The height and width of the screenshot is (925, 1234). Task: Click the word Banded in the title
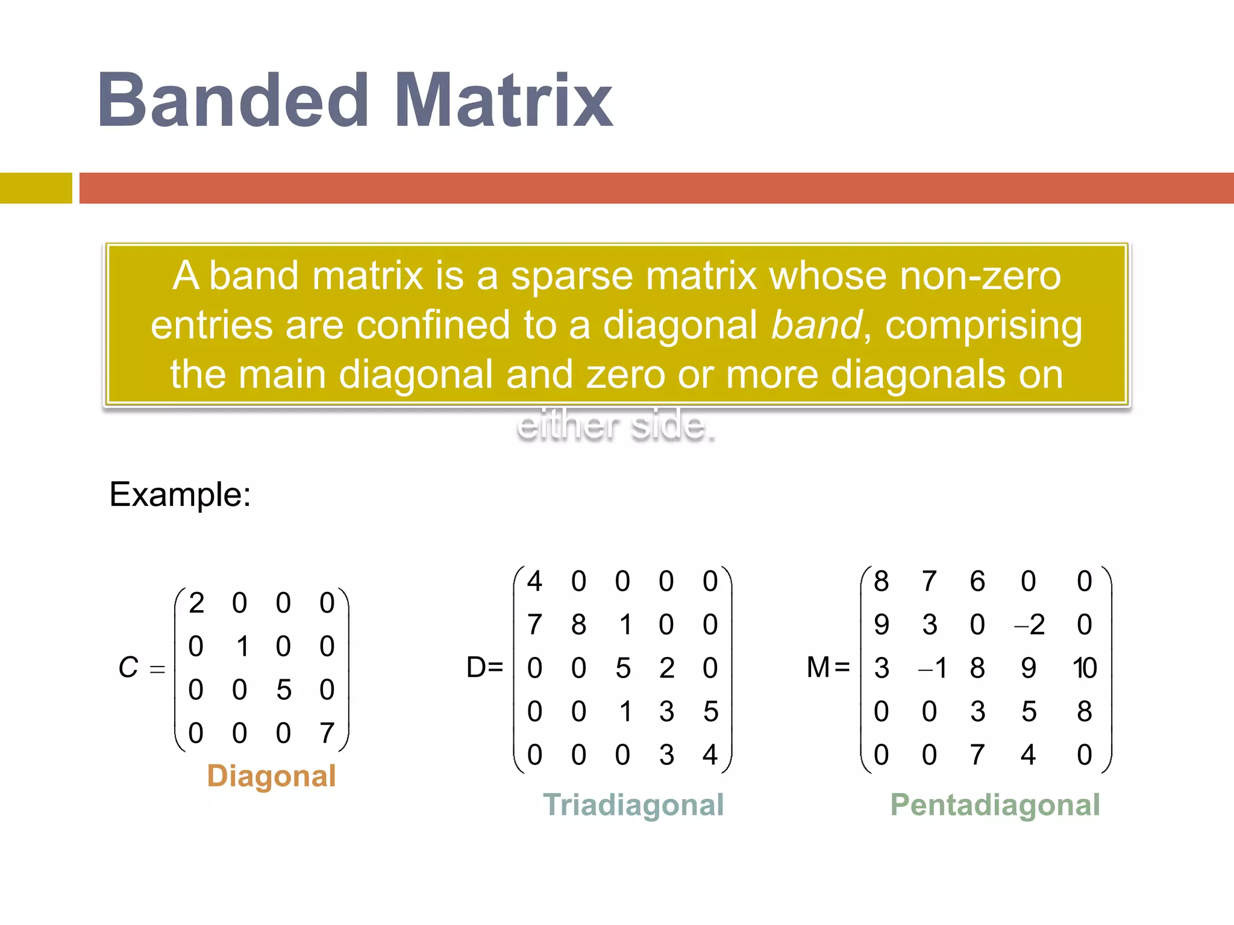pyautogui.click(x=233, y=101)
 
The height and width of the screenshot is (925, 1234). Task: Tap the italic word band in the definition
pyautogui.click(x=816, y=325)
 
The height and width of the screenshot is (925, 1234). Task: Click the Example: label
pyautogui.click(x=180, y=494)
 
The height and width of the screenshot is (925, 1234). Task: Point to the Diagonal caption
pyautogui.click(x=271, y=776)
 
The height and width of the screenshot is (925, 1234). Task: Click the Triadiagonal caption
pyautogui.click(x=633, y=805)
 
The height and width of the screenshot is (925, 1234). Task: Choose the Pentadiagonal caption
pyautogui.click(x=995, y=805)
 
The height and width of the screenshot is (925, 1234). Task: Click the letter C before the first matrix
pyautogui.click(x=128, y=667)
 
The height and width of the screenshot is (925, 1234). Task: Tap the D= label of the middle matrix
pyautogui.click(x=484, y=667)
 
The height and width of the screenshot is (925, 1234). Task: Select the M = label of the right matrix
pyautogui.click(x=828, y=667)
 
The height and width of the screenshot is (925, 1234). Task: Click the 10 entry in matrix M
pyautogui.click(x=1085, y=668)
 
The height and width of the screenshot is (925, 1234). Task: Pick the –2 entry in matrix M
pyautogui.click(x=1030, y=625)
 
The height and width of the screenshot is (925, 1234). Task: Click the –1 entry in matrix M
pyautogui.click(x=933, y=668)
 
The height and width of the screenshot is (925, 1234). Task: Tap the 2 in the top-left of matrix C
pyautogui.click(x=196, y=603)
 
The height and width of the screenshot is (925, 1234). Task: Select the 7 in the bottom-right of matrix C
pyautogui.click(x=327, y=733)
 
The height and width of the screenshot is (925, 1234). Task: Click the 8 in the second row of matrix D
pyautogui.click(x=578, y=625)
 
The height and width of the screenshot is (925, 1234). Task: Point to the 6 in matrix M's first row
pyautogui.click(x=977, y=582)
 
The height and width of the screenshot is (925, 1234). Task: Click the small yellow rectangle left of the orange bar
pyautogui.click(x=36, y=188)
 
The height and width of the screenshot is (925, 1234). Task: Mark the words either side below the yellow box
pyautogui.click(x=616, y=425)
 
